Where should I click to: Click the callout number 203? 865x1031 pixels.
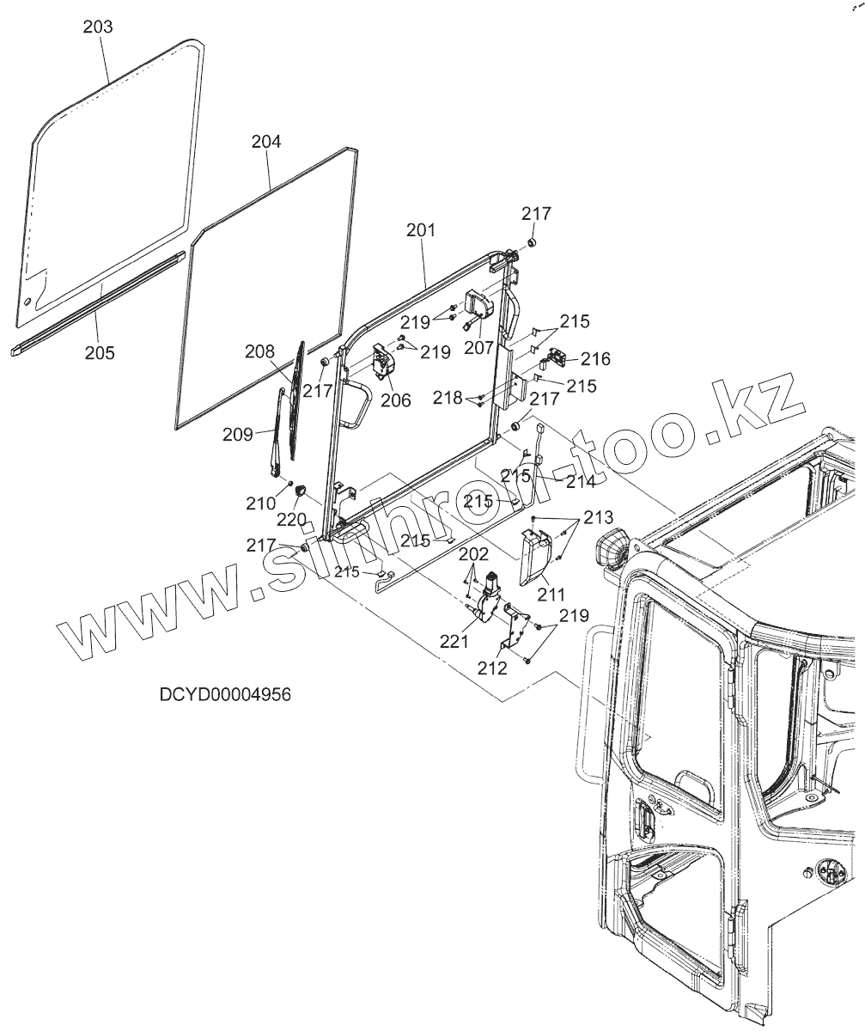pos(98,27)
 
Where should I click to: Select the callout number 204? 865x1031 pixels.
pos(266,142)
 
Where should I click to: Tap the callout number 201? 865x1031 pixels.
pos(421,230)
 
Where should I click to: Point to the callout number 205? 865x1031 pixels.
pos(101,352)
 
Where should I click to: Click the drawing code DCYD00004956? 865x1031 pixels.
pos(225,694)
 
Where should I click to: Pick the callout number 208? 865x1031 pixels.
pos(259,351)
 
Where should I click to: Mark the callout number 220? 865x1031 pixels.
pos(290,520)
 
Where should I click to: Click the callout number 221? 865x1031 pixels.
pos(454,640)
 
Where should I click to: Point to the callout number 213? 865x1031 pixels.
pos(598,518)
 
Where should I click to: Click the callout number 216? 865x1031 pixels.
pos(595,359)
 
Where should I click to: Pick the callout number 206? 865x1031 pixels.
pos(396,400)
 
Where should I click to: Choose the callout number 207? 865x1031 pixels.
pos(478,348)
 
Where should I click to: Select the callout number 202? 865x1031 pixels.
pos(473,555)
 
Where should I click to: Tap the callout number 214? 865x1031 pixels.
pos(581,481)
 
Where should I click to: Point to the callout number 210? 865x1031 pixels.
pos(262,503)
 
